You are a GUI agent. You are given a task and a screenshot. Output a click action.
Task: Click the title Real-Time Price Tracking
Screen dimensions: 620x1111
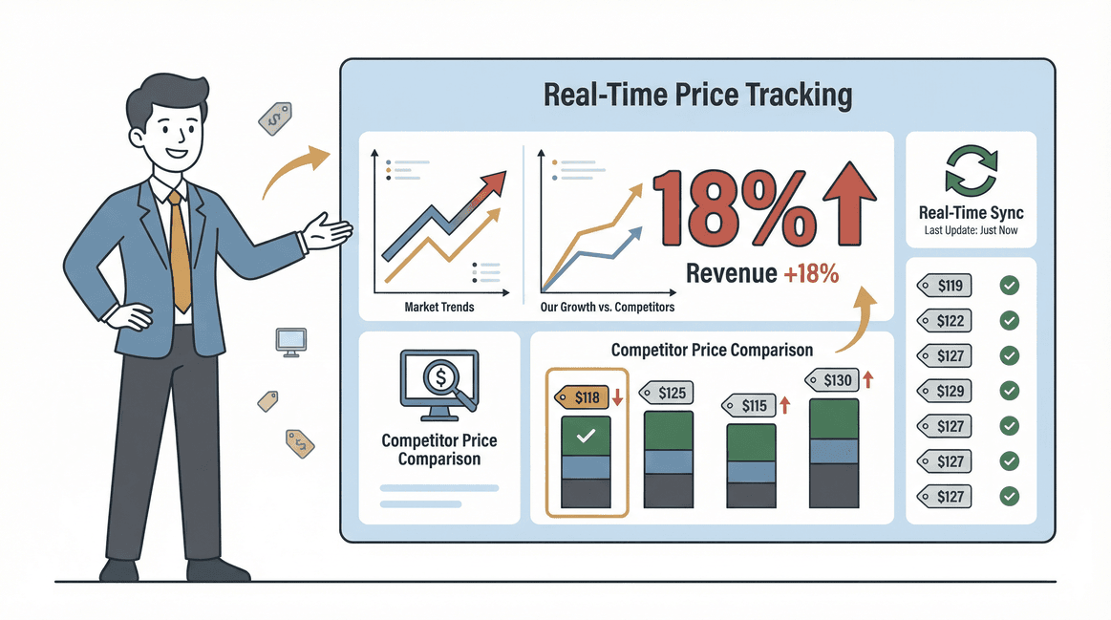point(696,96)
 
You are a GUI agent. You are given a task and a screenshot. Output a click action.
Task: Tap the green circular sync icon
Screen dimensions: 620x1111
point(971,171)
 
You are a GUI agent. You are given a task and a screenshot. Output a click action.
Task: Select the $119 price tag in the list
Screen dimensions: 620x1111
point(944,285)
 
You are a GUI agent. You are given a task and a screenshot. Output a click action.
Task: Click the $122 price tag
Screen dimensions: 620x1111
point(944,320)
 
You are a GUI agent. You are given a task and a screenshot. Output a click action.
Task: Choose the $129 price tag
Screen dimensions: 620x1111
point(944,391)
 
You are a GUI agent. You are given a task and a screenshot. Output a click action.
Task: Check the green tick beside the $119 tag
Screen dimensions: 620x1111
point(1009,285)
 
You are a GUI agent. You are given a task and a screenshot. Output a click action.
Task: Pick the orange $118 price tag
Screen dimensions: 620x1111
point(581,396)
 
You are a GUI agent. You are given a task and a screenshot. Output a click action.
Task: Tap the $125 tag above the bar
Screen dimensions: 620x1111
point(666,393)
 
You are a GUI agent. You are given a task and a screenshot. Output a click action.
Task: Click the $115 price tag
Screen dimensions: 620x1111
point(748,405)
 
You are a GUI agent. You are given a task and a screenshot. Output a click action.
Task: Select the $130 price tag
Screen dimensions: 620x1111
point(831,380)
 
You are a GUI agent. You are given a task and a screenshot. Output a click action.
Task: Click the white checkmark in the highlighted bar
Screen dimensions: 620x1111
point(587,437)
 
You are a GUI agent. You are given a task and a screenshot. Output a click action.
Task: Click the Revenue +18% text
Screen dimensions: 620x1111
point(761,274)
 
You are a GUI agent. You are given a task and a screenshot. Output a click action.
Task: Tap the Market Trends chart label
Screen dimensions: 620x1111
point(439,307)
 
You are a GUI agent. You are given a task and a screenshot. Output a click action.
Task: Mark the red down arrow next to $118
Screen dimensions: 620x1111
point(617,396)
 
